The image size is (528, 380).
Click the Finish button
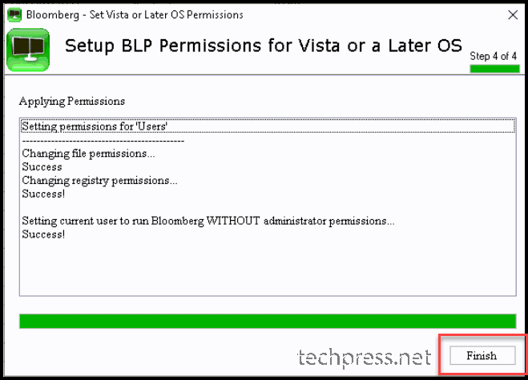pyautogui.click(x=482, y=355)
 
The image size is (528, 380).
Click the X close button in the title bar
pyautogui.click(x=513, y=14)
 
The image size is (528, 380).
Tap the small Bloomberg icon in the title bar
pyautogui.click(x=14, y=15)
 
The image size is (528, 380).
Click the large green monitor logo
pyautogui.click(x=28, y=50)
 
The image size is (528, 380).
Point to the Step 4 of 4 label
pyautogui.click(x=493, y=56)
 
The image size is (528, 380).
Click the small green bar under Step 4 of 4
pyautogui.click(x=494, y=69)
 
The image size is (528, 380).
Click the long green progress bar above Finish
pyautogui.click(x=268, y=321)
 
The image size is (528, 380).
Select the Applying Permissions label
pyautogui.click(x=72, y=101)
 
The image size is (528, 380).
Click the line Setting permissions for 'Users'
pyautogui.click(x=95, y=126)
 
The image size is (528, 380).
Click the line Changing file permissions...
pyautogui.click(x=88, y=154)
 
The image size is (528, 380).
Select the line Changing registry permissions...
pyautogui.click(x=99, y=181)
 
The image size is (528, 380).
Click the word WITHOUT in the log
pyautogui.click(x=232, y=221)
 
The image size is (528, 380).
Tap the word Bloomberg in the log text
pyautogui.click(x=177, y=221)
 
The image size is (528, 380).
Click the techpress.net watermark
pyautogui.click(x=364, y=357)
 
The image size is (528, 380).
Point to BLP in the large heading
pyautogui.click(x=137, y=46)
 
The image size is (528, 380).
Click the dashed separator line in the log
pyautogui.click(x=103, y=141)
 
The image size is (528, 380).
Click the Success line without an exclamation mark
pyautogui.click(x=42, y=167)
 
